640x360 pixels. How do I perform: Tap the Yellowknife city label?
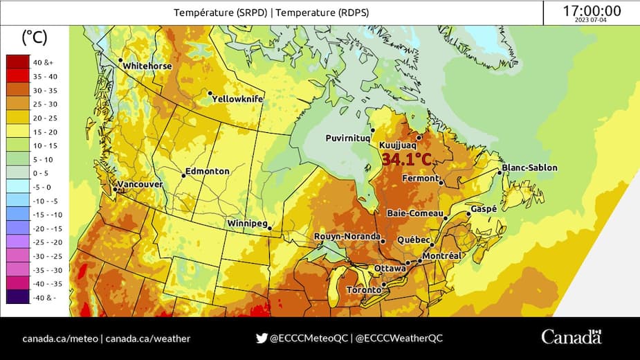point(237,99)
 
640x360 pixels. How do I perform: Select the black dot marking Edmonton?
point(183,175)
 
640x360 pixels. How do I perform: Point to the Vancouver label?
point(140,185)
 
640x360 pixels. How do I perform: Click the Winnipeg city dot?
point(270,228)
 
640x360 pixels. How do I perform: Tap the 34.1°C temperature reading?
point(407,160)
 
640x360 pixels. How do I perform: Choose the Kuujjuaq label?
point(397,145)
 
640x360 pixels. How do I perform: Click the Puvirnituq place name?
point(348,138)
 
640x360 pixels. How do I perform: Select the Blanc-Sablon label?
point(529,168)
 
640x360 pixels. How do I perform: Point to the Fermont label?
point(420,179)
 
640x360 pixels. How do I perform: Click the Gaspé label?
point(484,208)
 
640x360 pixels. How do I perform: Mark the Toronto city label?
point(363,289)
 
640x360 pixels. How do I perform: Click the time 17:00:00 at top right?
point(592,11)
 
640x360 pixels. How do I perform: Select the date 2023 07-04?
point(592,21)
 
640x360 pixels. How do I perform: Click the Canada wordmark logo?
point(572,338)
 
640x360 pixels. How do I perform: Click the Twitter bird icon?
point(262,339)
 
